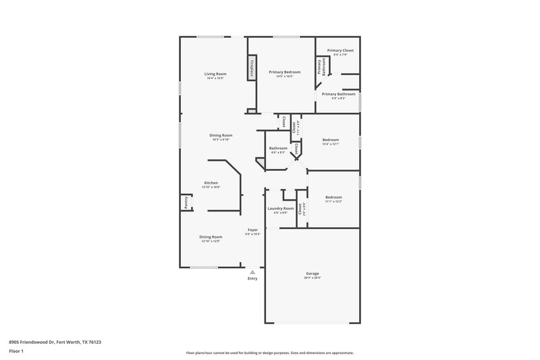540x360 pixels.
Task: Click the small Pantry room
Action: point(184,203)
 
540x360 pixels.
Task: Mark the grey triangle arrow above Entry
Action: point(252,272)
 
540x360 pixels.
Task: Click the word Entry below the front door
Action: point(252,278)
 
